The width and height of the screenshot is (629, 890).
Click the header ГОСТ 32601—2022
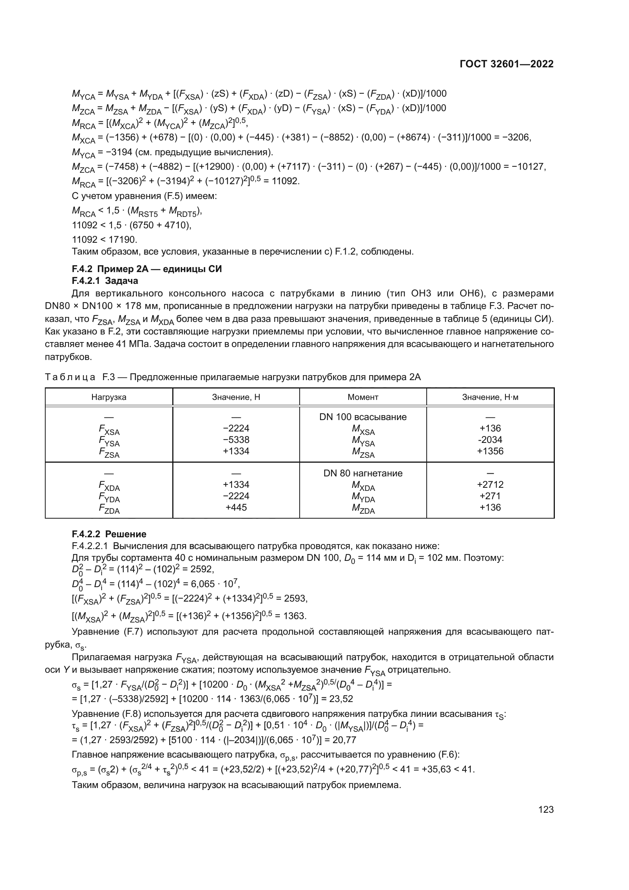pos(507,64)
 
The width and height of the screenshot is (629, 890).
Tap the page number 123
pos(546,810)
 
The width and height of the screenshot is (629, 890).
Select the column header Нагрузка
pos(109,397)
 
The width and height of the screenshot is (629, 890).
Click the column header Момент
pos(363,397)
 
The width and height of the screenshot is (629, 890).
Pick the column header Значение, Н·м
pos(490,397)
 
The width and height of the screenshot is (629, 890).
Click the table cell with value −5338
pos(236,439)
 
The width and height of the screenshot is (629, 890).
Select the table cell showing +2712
pos(490,484)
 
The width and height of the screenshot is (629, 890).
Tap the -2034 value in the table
pos(490,439)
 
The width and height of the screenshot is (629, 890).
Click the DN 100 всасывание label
pos(363,417)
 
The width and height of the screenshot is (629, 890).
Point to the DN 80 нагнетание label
pos(363,473)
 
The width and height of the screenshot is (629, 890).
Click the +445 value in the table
pos(236,508)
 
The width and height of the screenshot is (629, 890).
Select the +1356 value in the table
pos(490,451)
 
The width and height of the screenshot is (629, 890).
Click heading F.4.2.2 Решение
pos(109,534)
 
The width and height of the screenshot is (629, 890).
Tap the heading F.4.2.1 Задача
pos(105,280)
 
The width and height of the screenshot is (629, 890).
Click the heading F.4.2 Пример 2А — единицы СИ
pos(147,269)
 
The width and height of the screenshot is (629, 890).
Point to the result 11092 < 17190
pos(105,239)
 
